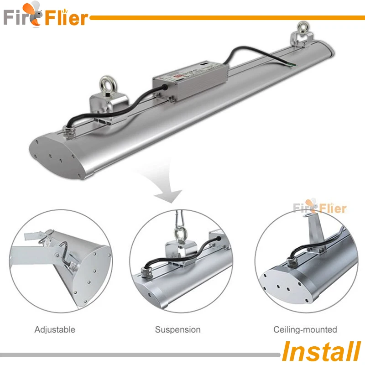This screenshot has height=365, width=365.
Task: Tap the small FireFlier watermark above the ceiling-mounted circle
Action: coord(319,208)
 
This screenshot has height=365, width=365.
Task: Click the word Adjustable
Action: coord(54,329)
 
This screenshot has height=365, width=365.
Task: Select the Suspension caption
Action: coord(177,329)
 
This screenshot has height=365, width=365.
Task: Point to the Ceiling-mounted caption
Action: coord(305,329)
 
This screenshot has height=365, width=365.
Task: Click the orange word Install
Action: coord(321,351)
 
